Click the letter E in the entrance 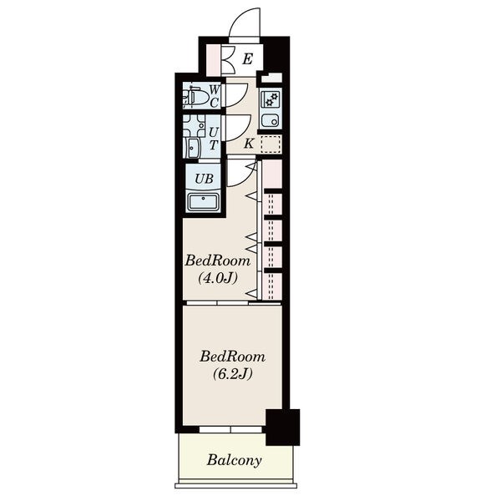coord(248,59)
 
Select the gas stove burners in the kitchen coord(271,99)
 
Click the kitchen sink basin coord(271,120)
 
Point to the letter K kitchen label coord(249,144)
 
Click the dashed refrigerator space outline coord(271,144)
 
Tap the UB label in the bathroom coord(204,179)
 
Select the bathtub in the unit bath coord(203,202)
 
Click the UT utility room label coord(214,139)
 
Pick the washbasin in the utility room coord(193,148)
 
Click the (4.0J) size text coord(218,278)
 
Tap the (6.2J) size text coord(233,373)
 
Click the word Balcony coord(234,460)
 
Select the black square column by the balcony coord(283,428)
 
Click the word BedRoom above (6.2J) coord(233,357)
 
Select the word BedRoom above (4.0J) coord(218,261)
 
